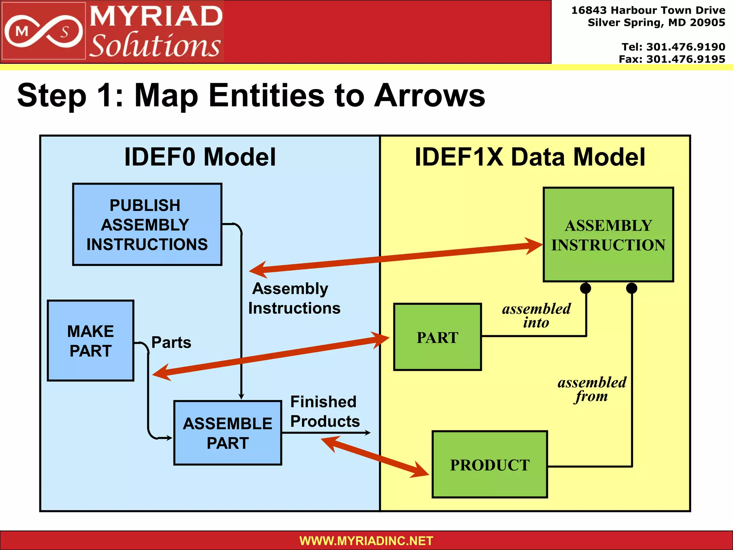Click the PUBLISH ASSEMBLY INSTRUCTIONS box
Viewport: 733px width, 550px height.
click(x=147, y=225)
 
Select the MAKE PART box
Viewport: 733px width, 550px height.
click(x=91, y=341)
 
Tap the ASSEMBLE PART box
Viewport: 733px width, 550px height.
click(x=228, y=433)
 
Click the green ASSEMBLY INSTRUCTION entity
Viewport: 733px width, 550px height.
click(x=608, y=235)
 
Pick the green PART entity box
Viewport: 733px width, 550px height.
click(x=437, y=337)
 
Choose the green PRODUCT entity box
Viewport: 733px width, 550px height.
click(x=490, y=464)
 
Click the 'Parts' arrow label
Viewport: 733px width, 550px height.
click(x=171, y=342)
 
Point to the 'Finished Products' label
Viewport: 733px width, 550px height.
click(x=324, y=411)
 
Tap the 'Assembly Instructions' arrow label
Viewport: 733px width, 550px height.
click(x=294, y=298)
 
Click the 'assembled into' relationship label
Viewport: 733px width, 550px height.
click(x=536, y=315)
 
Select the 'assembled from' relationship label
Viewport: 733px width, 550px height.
click(x=592, y=389)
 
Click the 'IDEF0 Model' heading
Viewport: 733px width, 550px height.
click(x=200, y=157)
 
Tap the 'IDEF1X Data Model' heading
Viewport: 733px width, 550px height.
click(x=530, y=157)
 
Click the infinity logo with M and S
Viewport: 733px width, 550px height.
click(x=43, y=32)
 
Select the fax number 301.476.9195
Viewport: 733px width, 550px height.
click(x=685, y=59)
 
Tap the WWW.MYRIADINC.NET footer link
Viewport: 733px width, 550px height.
click(x=366, y=541)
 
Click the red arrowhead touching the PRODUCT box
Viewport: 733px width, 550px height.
click(x=421, y=471)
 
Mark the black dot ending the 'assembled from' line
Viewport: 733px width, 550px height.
click(x=632, y=288)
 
